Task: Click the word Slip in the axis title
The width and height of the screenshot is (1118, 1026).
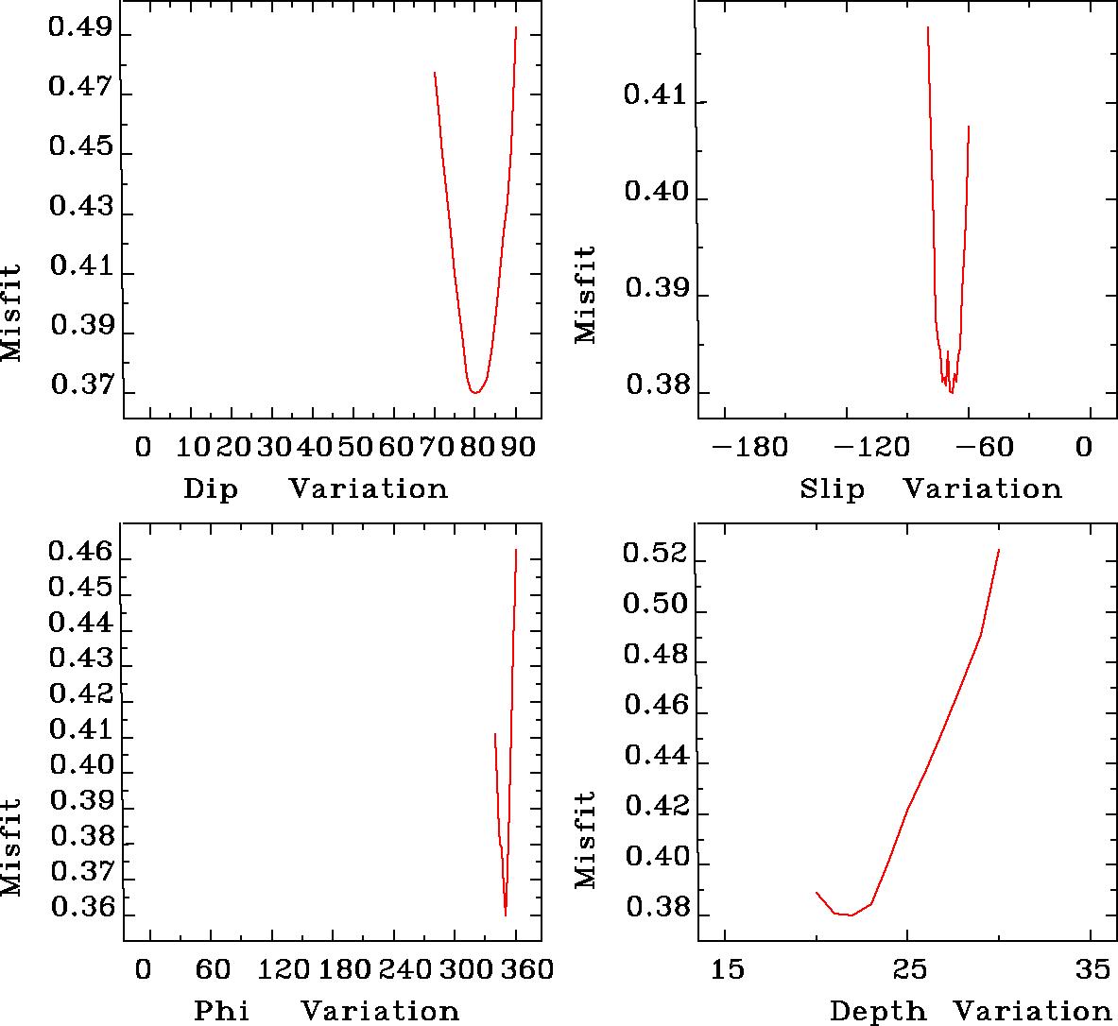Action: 832,488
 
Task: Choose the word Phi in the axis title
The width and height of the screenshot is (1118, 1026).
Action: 222,1011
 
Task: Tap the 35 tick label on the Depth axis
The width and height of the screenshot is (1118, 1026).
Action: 1092,969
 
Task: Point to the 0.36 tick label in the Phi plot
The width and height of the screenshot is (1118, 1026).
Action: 80,909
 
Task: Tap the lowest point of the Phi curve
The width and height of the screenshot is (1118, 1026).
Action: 506,915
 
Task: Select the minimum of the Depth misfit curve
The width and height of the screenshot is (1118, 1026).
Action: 851,915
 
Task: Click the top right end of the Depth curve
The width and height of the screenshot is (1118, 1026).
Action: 998,550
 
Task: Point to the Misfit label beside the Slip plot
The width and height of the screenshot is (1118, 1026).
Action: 586,294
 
